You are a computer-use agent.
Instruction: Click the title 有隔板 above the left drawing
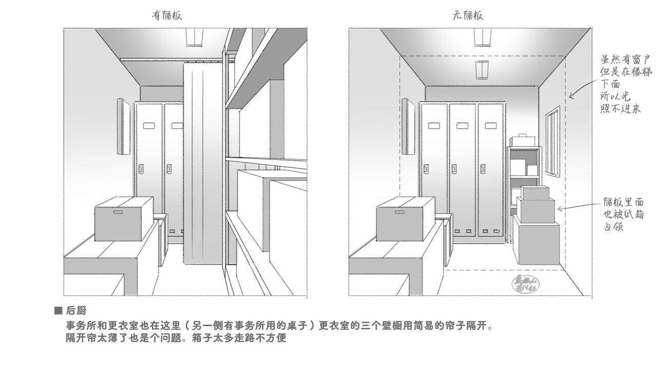[166, 16]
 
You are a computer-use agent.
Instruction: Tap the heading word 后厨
[76, 311]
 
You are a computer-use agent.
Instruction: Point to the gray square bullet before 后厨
[58, 311]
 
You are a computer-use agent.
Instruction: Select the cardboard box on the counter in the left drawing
[124, 219]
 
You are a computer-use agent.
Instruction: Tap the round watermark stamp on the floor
[526, 283]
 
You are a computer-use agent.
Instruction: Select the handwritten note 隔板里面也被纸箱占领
[623, 214]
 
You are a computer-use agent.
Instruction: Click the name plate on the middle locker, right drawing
[462, 126]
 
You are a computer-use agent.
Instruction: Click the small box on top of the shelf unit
[523, 140]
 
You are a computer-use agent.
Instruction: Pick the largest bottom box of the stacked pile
[538, 241]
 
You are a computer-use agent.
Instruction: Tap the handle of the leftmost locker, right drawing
[427, 168]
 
